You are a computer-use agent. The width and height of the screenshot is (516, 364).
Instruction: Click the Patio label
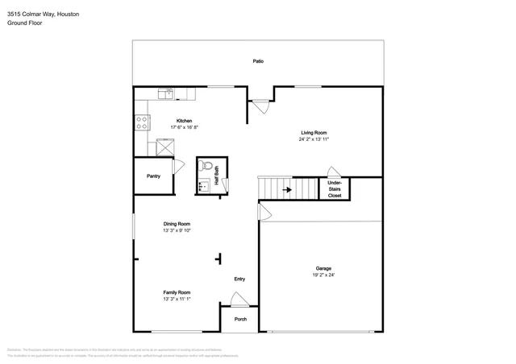click(258, 61)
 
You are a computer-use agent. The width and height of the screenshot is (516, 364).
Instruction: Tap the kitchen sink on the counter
click(166, 94)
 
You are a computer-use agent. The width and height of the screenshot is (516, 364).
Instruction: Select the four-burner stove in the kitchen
click(142, 122)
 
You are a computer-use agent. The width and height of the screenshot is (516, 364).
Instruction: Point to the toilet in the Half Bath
click(206, 167)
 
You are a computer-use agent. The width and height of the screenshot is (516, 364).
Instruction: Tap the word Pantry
click(153, 176)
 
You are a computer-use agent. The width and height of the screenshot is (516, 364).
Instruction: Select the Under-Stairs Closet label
click(334, 189)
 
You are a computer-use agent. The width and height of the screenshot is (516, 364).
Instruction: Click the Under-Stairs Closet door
click(333, 172)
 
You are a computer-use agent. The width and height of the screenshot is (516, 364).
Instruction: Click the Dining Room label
click(177, 224)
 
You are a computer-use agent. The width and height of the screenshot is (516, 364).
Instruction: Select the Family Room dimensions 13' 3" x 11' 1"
click(177, 299)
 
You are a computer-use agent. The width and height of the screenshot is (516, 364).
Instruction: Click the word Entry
click(239, 279)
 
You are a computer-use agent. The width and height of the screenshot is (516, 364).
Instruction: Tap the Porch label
click(240, 320)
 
